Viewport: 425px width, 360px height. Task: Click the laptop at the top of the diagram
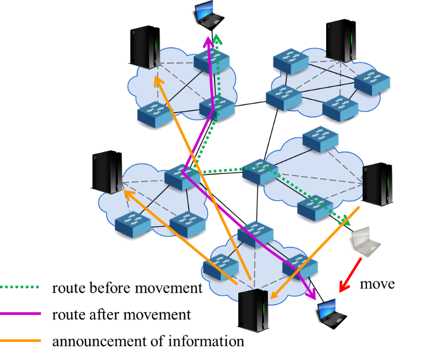click(x=208, y=15)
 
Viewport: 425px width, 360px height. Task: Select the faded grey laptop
click(x=364, y=241)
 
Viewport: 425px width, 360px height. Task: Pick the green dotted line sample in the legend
click(x=20, y=287)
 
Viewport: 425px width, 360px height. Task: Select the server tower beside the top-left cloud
click(x=146, y=48)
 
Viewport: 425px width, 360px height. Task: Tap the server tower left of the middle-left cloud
click(x=108, y=172)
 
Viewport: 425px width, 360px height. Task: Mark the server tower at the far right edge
click(x=377, y=184)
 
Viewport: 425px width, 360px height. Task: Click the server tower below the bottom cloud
click(x=253, y=311)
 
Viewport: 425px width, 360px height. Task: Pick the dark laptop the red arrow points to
click(x=331, y=313)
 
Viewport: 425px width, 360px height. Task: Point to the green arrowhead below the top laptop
click(x=217, y=39)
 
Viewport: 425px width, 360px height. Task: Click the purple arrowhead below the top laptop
click(x=208, y=41)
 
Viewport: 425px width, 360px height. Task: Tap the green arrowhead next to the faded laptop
click(x=345, y=221)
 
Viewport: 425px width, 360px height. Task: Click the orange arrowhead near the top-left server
click(x=158, y=81)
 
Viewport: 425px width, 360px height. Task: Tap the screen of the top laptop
click(x=204, y=9)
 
